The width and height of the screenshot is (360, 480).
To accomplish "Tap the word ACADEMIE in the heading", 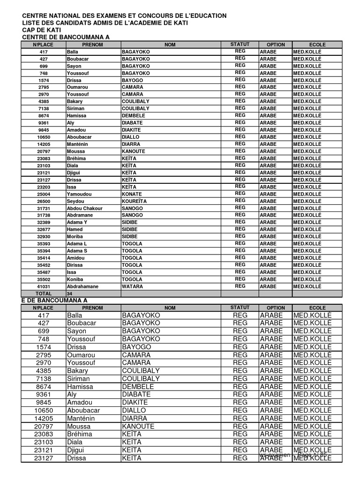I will coord(155,23).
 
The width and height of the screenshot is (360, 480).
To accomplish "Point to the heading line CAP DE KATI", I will coord(42,30).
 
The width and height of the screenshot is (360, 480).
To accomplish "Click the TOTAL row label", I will coord(44,293).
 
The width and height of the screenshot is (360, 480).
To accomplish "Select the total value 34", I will coord(70,293).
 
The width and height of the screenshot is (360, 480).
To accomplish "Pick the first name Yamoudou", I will coord(79,194).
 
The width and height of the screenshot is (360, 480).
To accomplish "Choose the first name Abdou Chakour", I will coord(84,208).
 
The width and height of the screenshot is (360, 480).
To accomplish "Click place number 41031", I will coord(44,286).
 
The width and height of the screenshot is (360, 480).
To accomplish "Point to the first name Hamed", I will coord(75,230).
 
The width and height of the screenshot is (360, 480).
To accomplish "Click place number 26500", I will coord(44,201).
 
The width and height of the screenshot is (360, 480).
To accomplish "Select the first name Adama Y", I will coord(77,222).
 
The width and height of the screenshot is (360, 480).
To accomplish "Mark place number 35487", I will coord(44,272).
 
